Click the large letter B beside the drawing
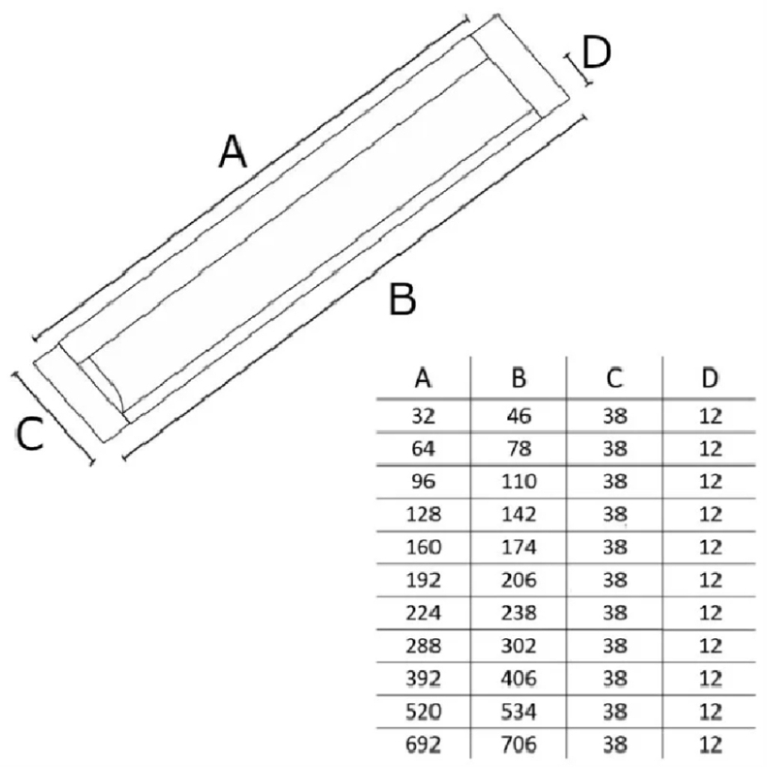point(403,300)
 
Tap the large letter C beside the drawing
point(30,435)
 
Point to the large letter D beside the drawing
point(596,53)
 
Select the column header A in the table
point(423,380)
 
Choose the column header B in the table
point(518,380)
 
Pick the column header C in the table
point(614,380)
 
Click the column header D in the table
point(709,380)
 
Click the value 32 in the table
point(423,416)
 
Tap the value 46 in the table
point(518,416)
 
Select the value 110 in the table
point(518,482)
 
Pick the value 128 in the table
point(423,515)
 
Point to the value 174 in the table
point(518,548)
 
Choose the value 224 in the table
point(423,613)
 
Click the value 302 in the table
point(518,646)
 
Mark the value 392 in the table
point(423,679)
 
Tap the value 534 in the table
point(518,711)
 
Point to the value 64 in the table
point(423,449)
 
